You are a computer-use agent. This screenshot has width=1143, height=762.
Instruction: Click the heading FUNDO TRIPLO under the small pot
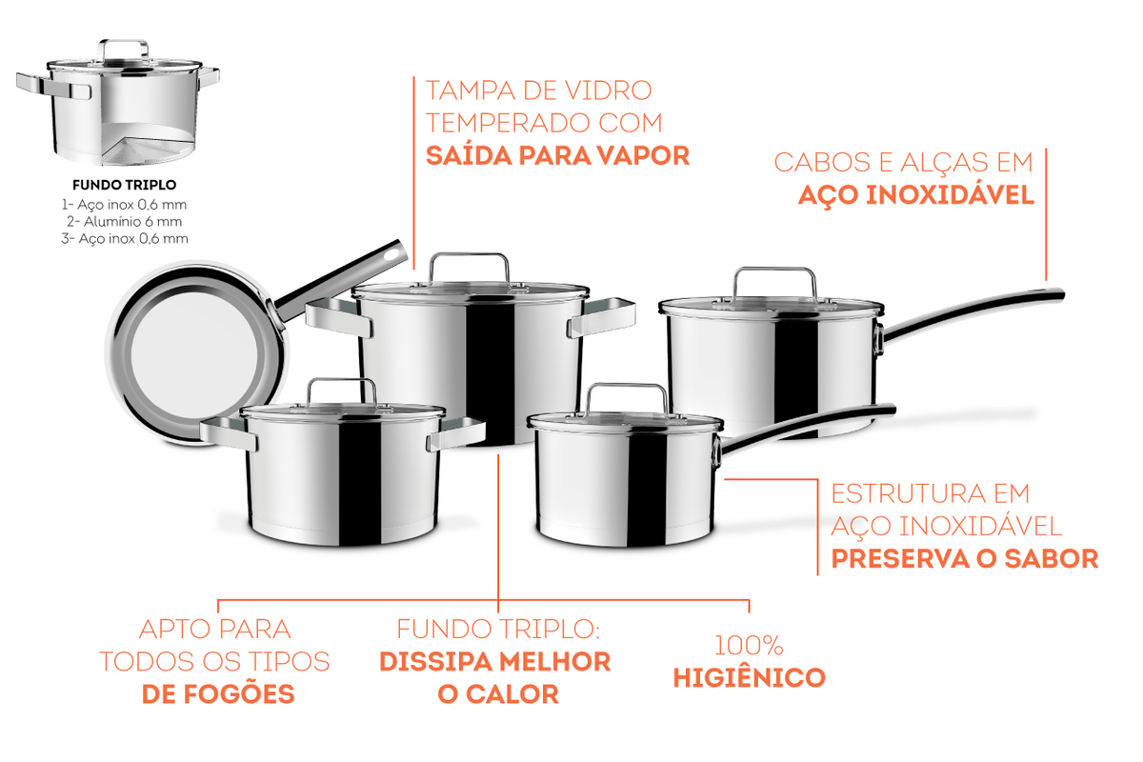pyautogui.click(x=124, y=185)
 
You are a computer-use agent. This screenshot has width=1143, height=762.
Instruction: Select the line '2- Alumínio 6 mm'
pyautogui.click(x=124, y=222)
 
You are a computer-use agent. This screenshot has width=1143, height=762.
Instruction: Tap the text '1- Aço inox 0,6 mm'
pyautogui.click(x=124, y=205)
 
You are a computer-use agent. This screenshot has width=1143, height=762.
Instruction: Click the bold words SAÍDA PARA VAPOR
pyautogui.click(x=557, y=155)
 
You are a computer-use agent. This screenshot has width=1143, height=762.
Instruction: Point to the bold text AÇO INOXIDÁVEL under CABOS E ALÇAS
pyautogui.click(x=916, y=196)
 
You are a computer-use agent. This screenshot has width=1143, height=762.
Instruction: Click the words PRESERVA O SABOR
pyautogui.click(x=964, y=558)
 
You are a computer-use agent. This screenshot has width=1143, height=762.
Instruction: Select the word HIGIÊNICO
pyautogui.click(x=749, y=678)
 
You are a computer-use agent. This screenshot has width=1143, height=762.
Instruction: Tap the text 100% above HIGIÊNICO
pyautogui.click(x=749, y=646)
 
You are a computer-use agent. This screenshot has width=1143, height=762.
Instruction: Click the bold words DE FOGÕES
pyautogui.click(x=218, y=694)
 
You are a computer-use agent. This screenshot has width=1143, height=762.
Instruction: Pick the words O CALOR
pyautogui.click(x=498, y=694)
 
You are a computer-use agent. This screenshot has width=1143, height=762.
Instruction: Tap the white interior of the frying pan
pyautogui.click(x=194, y=354)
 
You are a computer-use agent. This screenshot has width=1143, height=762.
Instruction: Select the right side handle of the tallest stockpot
pyautogui.click(x=602, y=317)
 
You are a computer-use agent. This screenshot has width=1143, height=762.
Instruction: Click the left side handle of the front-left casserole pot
pyautogui.click(x=229, y=432)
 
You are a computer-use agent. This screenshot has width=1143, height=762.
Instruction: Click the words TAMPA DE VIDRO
pyautogui.click(x=539, y=90)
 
